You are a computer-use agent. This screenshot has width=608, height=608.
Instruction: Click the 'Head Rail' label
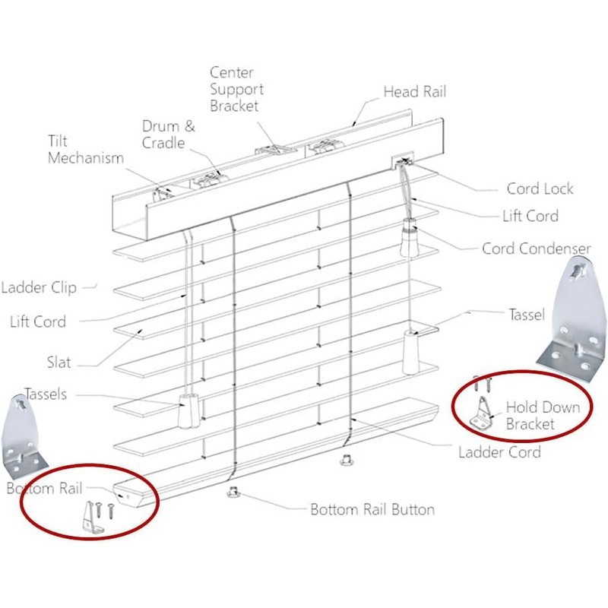[414, 92]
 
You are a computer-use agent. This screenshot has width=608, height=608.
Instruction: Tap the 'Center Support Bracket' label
[236, 89]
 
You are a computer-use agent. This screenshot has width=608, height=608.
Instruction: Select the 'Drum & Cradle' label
[168, 135]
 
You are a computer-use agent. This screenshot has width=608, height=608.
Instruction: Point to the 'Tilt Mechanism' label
[86, 149]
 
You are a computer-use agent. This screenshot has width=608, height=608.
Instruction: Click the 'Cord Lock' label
[540, 188]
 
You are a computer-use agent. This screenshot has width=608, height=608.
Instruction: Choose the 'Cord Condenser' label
[537, 249]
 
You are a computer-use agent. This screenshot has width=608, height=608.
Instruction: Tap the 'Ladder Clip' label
[39, 287]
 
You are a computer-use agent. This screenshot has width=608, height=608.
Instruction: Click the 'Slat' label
[59, 363]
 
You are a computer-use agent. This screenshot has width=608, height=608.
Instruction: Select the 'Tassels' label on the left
[46, 394]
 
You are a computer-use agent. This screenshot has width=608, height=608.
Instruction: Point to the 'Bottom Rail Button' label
[372, 509]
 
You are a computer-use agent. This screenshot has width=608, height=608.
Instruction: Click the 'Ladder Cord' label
[499, 452]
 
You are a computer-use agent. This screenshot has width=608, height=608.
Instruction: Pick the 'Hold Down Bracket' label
[543, 415]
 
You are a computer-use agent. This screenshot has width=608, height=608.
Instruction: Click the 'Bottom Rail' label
[45, 488]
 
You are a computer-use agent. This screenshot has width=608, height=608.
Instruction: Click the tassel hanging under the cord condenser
[411, 353]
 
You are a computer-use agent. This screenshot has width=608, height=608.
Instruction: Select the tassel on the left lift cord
[188, 410]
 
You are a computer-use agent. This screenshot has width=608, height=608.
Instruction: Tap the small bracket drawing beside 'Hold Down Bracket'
[482, 414]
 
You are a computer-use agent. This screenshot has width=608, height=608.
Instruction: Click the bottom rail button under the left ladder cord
[233, 492]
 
